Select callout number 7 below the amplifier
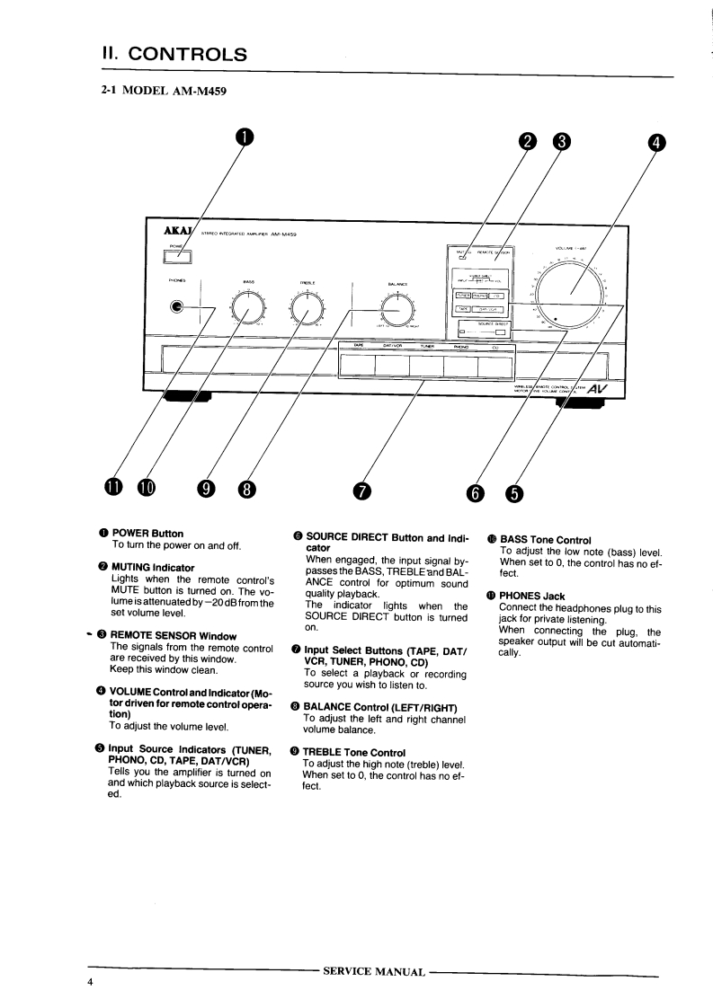(x=361, y=489)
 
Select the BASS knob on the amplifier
(x=249, y=310)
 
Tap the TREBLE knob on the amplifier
(x=306, y=310)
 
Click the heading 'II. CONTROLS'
(x=175, y=54)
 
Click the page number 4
(x=90, y=982)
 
